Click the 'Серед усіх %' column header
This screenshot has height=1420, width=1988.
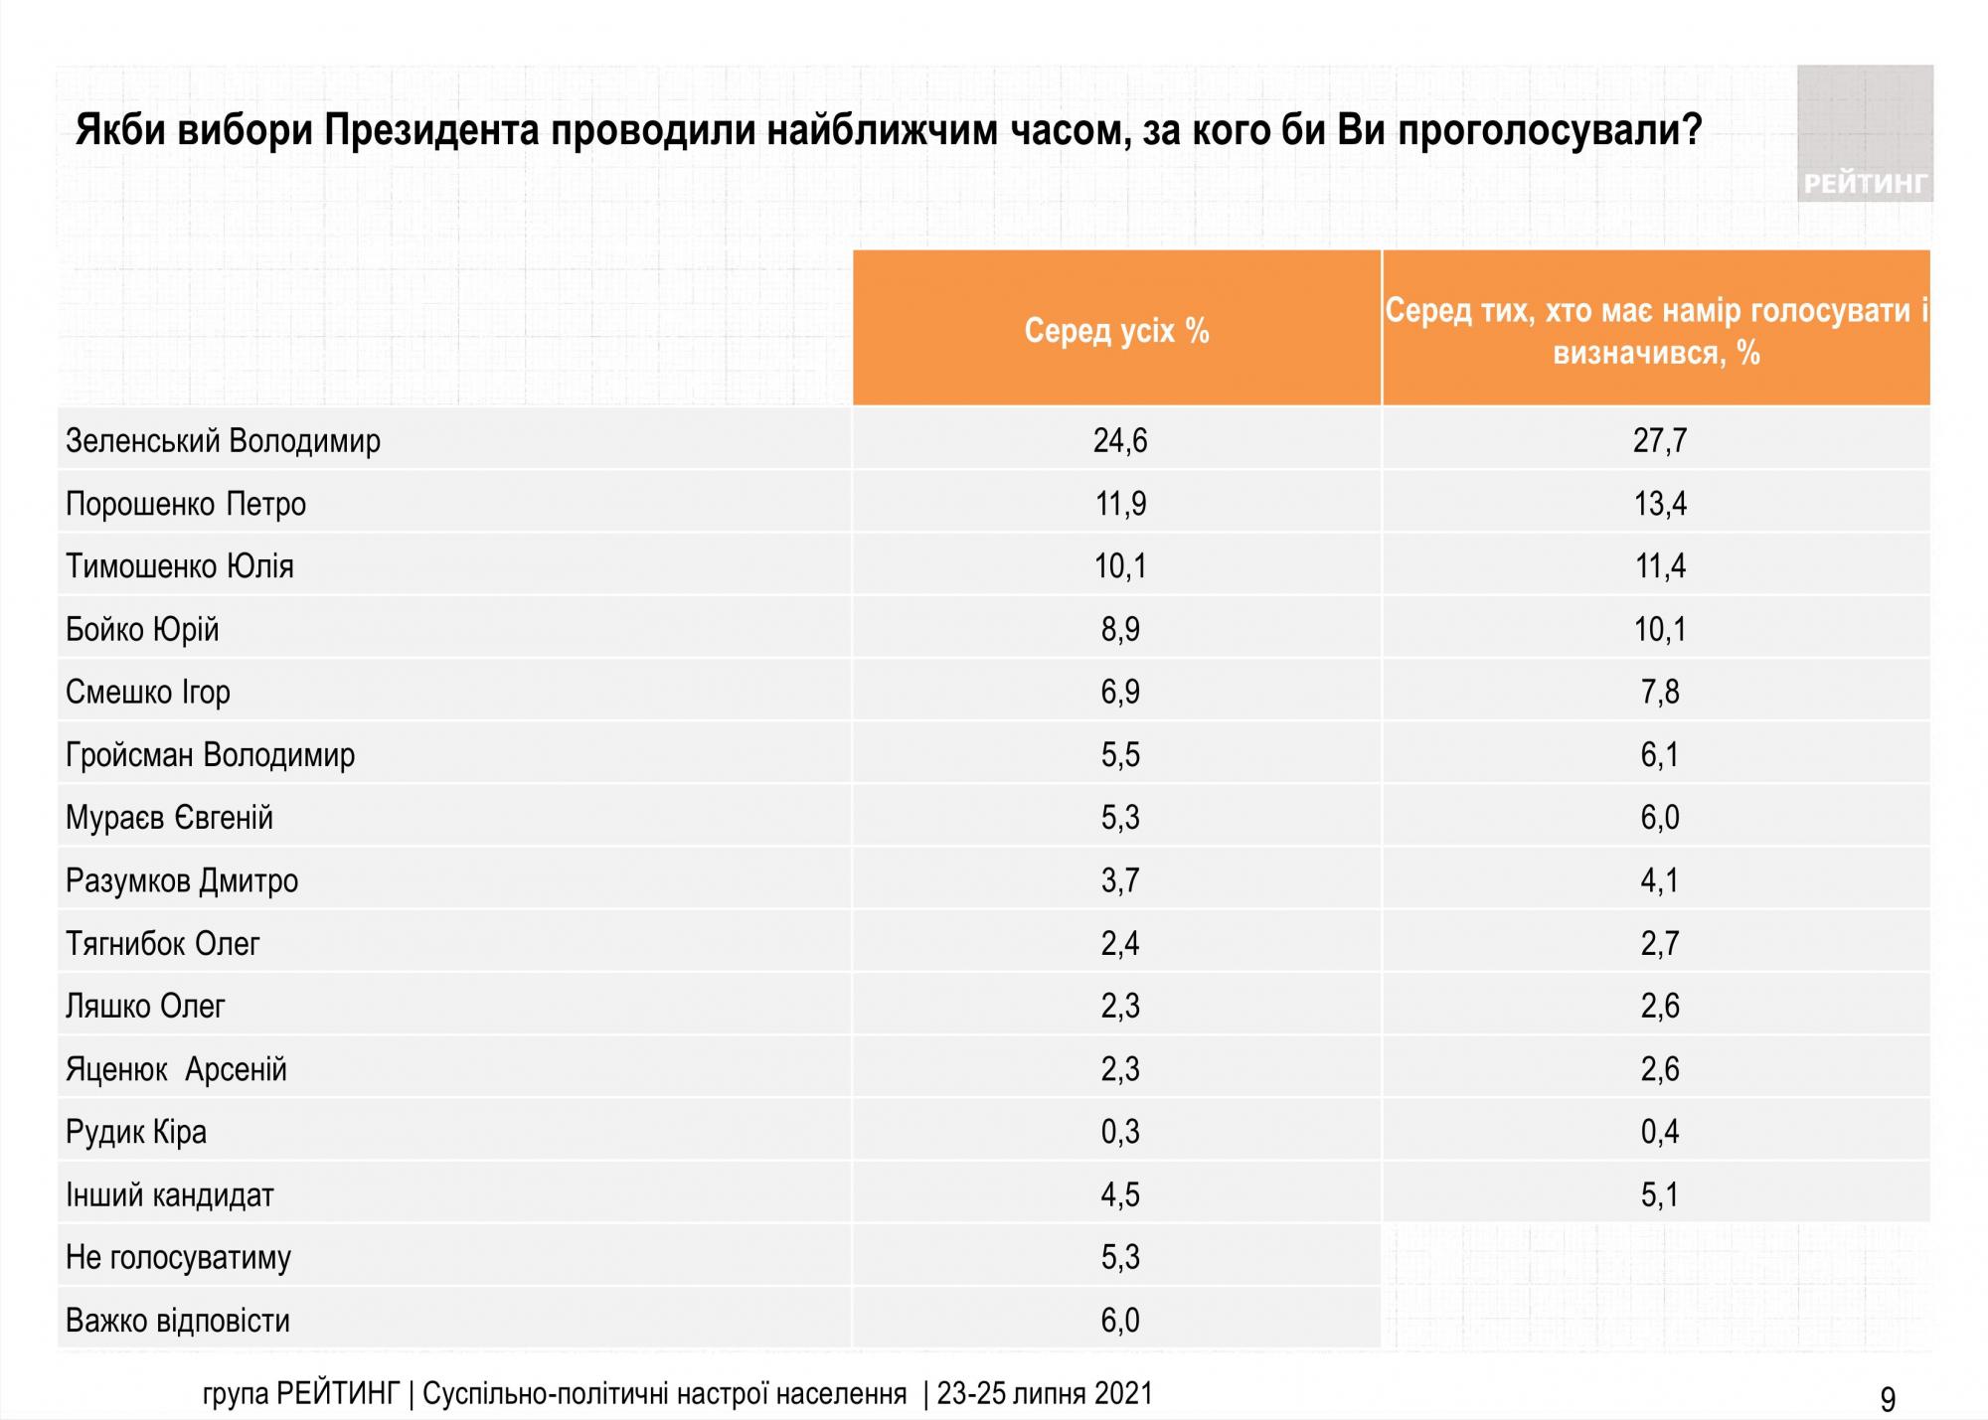(x=1116, y=330)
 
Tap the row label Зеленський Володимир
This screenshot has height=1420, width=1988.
(x=223, y=440)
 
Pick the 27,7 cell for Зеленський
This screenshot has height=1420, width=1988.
(x=1659, y=440)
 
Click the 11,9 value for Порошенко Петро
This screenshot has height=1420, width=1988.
(x=1120, y=504)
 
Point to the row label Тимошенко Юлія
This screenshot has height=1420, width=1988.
(x=180, y=566)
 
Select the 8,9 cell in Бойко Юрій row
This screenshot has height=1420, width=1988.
(x=1120, y=629)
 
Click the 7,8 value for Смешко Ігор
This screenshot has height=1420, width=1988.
(x=1659, y=692)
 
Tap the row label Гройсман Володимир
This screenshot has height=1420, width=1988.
(x=210, y=755)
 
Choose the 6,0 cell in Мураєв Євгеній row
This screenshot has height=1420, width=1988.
(x=1659, y=818)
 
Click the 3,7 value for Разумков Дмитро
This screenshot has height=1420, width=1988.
(x=1120, y=880)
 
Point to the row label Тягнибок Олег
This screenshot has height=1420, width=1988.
(x=162, y=943)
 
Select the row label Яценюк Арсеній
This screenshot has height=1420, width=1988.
(x=176, y=1069)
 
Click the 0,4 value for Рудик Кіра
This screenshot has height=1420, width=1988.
(x=1659, y=1132)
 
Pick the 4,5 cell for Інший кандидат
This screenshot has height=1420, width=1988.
(x=1120, y=1194)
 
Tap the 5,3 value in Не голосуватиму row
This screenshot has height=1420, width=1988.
(x=1120, y=1258)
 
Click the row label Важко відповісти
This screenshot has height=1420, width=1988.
(x=178, y=1321)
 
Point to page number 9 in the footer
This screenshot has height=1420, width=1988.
(x=1888, y=1399)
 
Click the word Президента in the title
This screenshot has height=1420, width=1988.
(x=431, y=130)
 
